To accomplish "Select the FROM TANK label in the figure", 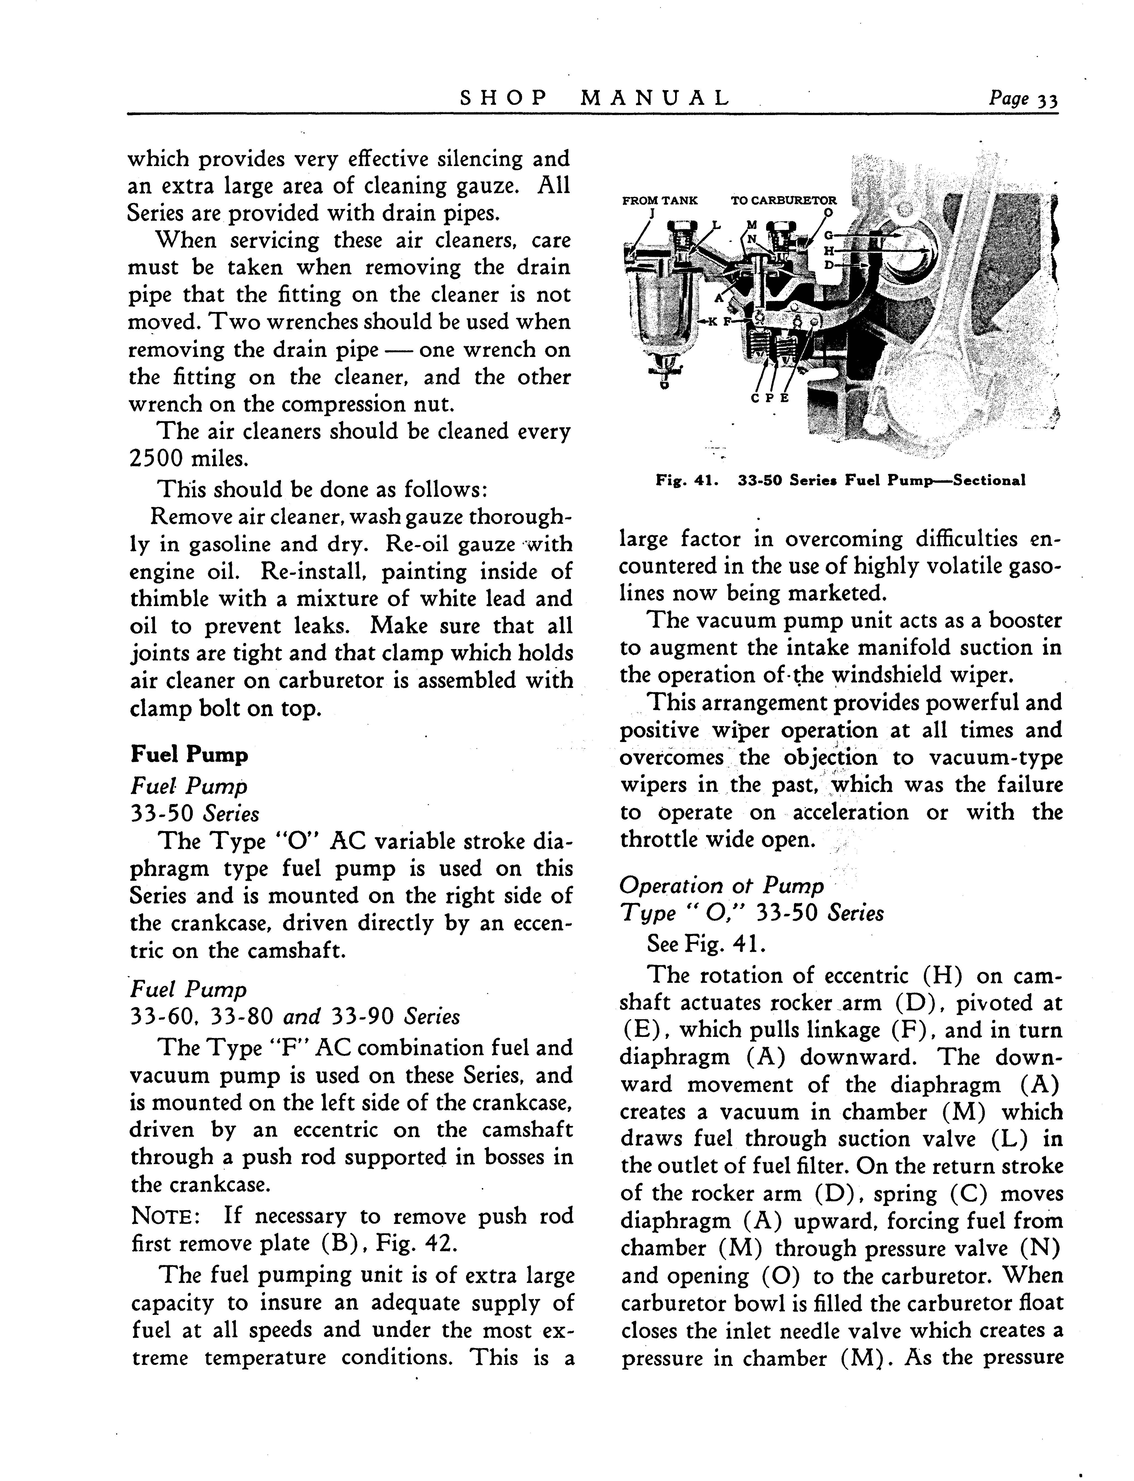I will (x=659, y=201).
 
